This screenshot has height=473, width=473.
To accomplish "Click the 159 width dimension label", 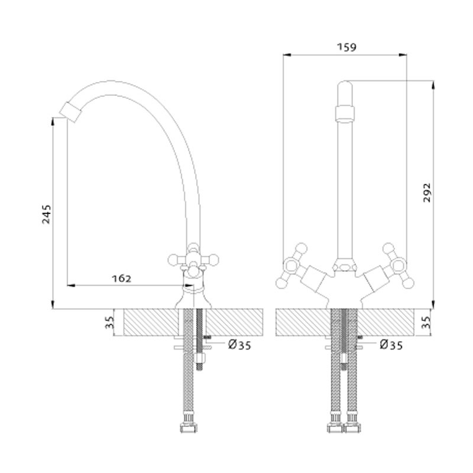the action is pos(346,47).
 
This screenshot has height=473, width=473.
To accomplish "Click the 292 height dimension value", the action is pos(427,193).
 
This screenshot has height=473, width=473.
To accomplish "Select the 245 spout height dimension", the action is pos(47,214).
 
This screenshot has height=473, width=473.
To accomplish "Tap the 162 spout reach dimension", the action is pos(122,278).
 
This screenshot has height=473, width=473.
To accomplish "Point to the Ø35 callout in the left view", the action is pos(239,345).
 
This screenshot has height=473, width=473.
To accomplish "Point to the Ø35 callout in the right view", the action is pos(391,345).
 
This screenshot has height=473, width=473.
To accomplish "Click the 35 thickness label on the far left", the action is pos(110,322).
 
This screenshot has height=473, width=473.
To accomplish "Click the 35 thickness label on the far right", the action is pos(426,322).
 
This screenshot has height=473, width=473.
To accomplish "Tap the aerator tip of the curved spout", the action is pos(70,112).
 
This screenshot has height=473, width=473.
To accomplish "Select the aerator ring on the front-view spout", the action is pos(345,114).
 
